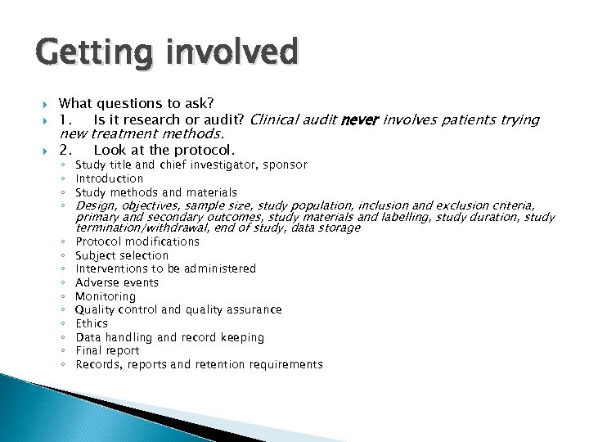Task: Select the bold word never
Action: [360, 120]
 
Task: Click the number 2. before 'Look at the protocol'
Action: [68, 150]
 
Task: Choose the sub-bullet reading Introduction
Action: [109, 178]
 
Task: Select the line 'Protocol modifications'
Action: [137, 241]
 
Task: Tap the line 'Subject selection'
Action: [121, 255]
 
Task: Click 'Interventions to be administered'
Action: [165, 268]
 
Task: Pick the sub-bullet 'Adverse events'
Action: [117, 282]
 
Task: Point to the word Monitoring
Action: [106, 296]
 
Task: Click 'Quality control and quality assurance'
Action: [178, 309]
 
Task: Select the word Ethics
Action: [92, 323]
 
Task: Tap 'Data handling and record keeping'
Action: [169, 337]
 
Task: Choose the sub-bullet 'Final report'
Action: [107, 350]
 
